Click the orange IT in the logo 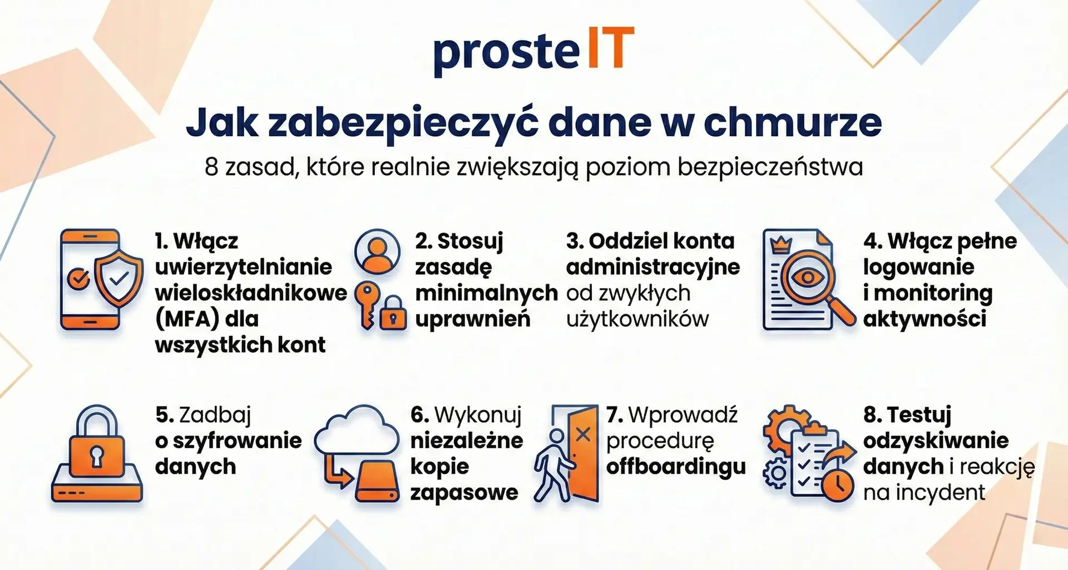point(610,48)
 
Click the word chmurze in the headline point(793,123)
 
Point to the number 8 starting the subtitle point(211,167)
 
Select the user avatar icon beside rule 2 point(377,251)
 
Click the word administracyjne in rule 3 point(653,267)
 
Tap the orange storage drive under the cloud point(377,483)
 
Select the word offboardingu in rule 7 point(676,467)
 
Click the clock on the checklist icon point(837,485)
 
